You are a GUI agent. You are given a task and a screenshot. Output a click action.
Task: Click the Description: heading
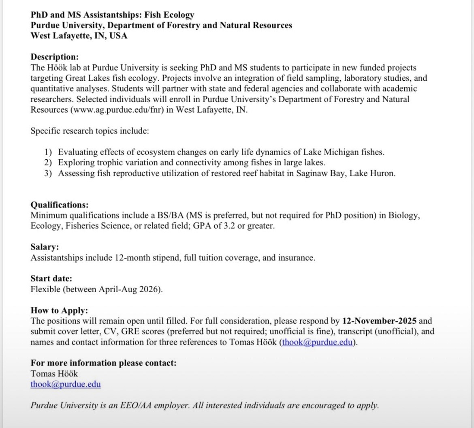[55, 57]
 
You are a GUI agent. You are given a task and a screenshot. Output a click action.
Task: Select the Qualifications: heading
[59, 205]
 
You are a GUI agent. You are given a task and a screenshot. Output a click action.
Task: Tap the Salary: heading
[45, 247]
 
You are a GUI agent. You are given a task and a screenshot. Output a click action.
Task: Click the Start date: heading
[51, 278]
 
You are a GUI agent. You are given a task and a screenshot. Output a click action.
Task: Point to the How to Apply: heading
[59, 310]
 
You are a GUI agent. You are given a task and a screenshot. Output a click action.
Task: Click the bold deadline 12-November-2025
[379, 321]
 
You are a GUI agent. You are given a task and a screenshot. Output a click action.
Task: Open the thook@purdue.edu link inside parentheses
[317, 342]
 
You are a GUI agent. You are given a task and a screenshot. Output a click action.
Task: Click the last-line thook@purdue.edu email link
[65, 384]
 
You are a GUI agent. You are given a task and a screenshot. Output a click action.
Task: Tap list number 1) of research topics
[49, 152]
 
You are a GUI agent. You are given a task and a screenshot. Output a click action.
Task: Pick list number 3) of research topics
[49, 173]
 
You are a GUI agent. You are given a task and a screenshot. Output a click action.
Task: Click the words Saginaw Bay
[320, 173]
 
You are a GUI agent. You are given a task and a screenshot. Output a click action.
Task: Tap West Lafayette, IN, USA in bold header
[79, 36]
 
